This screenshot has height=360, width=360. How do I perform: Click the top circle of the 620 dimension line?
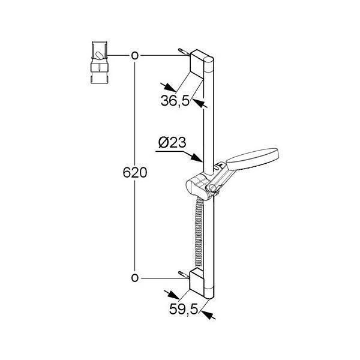pyautogui.click(x=135, y=56)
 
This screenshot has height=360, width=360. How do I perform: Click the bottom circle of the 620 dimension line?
pyautogui.click(x=135, y=277)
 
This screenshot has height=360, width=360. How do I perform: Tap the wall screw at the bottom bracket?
pyautogui.click(x=182, y=275)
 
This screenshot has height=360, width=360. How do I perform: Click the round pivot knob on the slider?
pyautogui.click(x=210, y=191)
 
